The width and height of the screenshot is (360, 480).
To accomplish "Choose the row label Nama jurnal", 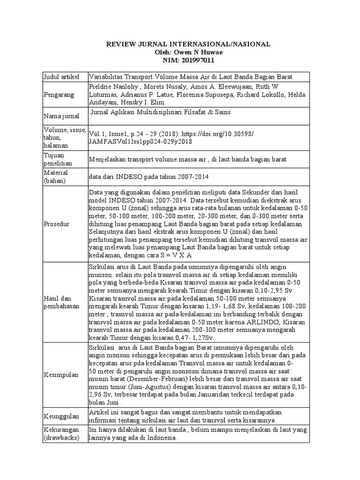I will tap(60, 115).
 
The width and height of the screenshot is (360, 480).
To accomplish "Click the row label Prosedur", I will tap(57, 224).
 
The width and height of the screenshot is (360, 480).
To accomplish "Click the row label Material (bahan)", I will tap(55, 176).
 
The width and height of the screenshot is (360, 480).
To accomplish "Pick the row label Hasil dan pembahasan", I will tap(60, 302).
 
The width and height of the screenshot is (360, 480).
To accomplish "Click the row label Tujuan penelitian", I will tap(57, 159).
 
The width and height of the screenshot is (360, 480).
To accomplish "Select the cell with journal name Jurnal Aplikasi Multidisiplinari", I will tap(159, 112).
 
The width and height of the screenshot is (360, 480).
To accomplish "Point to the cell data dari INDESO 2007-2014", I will tap(149, 177).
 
